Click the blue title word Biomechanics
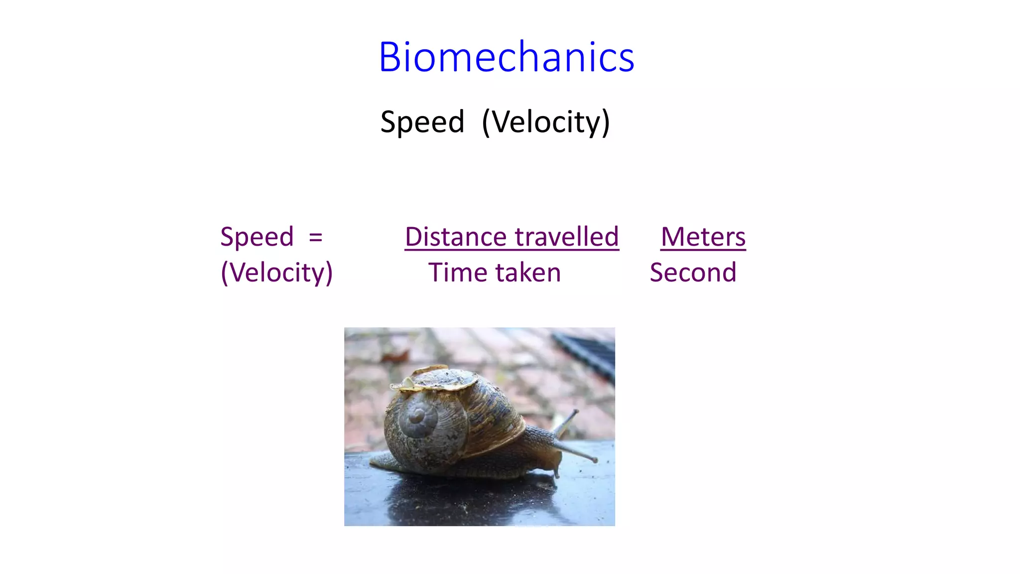506,57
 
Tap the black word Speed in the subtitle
422,122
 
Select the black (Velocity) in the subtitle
546,122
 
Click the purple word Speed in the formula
257,237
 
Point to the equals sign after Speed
315,237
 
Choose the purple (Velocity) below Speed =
277,273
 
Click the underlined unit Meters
703,237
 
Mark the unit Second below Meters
693,273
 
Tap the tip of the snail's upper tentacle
576,412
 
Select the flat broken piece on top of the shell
438,379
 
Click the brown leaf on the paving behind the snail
396,356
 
